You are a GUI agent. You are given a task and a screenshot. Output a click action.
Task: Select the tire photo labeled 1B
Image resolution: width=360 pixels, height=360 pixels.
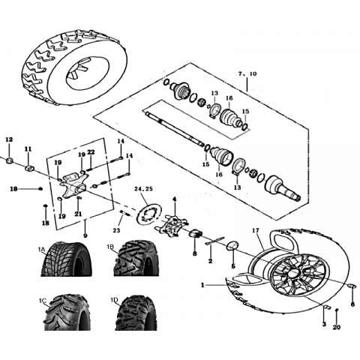(x=136, y=259)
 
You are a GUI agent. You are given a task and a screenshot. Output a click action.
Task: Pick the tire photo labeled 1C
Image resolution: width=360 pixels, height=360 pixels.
(x=67, y=313)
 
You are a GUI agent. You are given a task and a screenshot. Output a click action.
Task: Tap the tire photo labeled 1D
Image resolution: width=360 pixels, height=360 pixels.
(x=136, y=313)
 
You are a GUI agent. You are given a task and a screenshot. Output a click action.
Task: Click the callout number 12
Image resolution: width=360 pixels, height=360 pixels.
(x=9, y=139)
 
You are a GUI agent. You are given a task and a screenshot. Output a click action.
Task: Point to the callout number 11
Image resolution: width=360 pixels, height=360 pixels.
(x=28, y=149)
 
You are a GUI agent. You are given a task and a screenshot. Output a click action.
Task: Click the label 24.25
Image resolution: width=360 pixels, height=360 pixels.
(x=143, y=189)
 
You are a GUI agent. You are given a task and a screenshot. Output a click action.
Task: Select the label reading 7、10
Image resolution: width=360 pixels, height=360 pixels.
(x=247, y=73)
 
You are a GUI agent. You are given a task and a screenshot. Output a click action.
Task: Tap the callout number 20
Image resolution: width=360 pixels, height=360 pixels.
(x=337, y=327)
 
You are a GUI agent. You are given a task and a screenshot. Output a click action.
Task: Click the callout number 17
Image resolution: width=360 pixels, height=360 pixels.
(x=256, y=230)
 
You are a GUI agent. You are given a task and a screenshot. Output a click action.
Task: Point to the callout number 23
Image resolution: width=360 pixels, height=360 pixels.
(x=116, y=230)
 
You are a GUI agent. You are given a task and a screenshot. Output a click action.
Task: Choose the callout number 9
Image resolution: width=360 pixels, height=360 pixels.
(x=85, y=235)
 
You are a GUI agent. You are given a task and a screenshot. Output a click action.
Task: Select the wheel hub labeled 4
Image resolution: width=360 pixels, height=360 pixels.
(x=172, y=226)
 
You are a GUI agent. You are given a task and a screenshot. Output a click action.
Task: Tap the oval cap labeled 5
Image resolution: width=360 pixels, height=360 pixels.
(x=232, y=246)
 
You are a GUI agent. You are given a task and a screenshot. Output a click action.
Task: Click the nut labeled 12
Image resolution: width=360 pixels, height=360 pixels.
(x=9, y=160)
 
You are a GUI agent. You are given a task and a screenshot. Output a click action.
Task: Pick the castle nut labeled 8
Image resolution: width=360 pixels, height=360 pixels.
(x=196, y=234)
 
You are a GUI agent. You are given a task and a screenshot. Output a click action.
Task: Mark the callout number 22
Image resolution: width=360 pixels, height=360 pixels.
(x=91, y=152)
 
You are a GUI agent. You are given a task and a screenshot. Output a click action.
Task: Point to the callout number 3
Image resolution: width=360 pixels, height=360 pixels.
(x=324, y=325)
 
